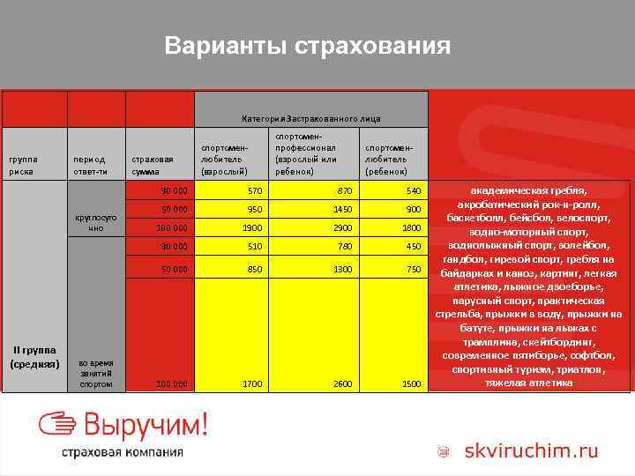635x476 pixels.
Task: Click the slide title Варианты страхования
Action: click(x=307, y=46)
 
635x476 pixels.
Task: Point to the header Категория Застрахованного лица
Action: click(x=310, y=118)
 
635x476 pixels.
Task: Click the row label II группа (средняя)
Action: click(x=34, y=356)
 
